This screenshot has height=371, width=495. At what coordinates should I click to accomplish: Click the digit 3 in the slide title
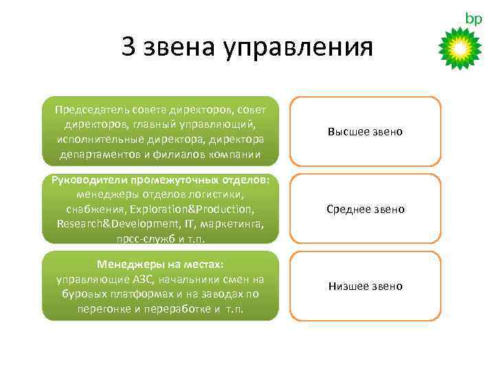tap(129, 47)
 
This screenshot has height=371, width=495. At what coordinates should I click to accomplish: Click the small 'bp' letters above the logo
tap(474, 19)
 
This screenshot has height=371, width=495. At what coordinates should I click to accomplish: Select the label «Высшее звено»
tap(365, 131)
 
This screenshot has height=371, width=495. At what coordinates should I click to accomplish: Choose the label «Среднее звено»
tap(365, 209)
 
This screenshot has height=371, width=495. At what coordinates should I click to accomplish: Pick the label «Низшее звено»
tap(365, 286)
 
